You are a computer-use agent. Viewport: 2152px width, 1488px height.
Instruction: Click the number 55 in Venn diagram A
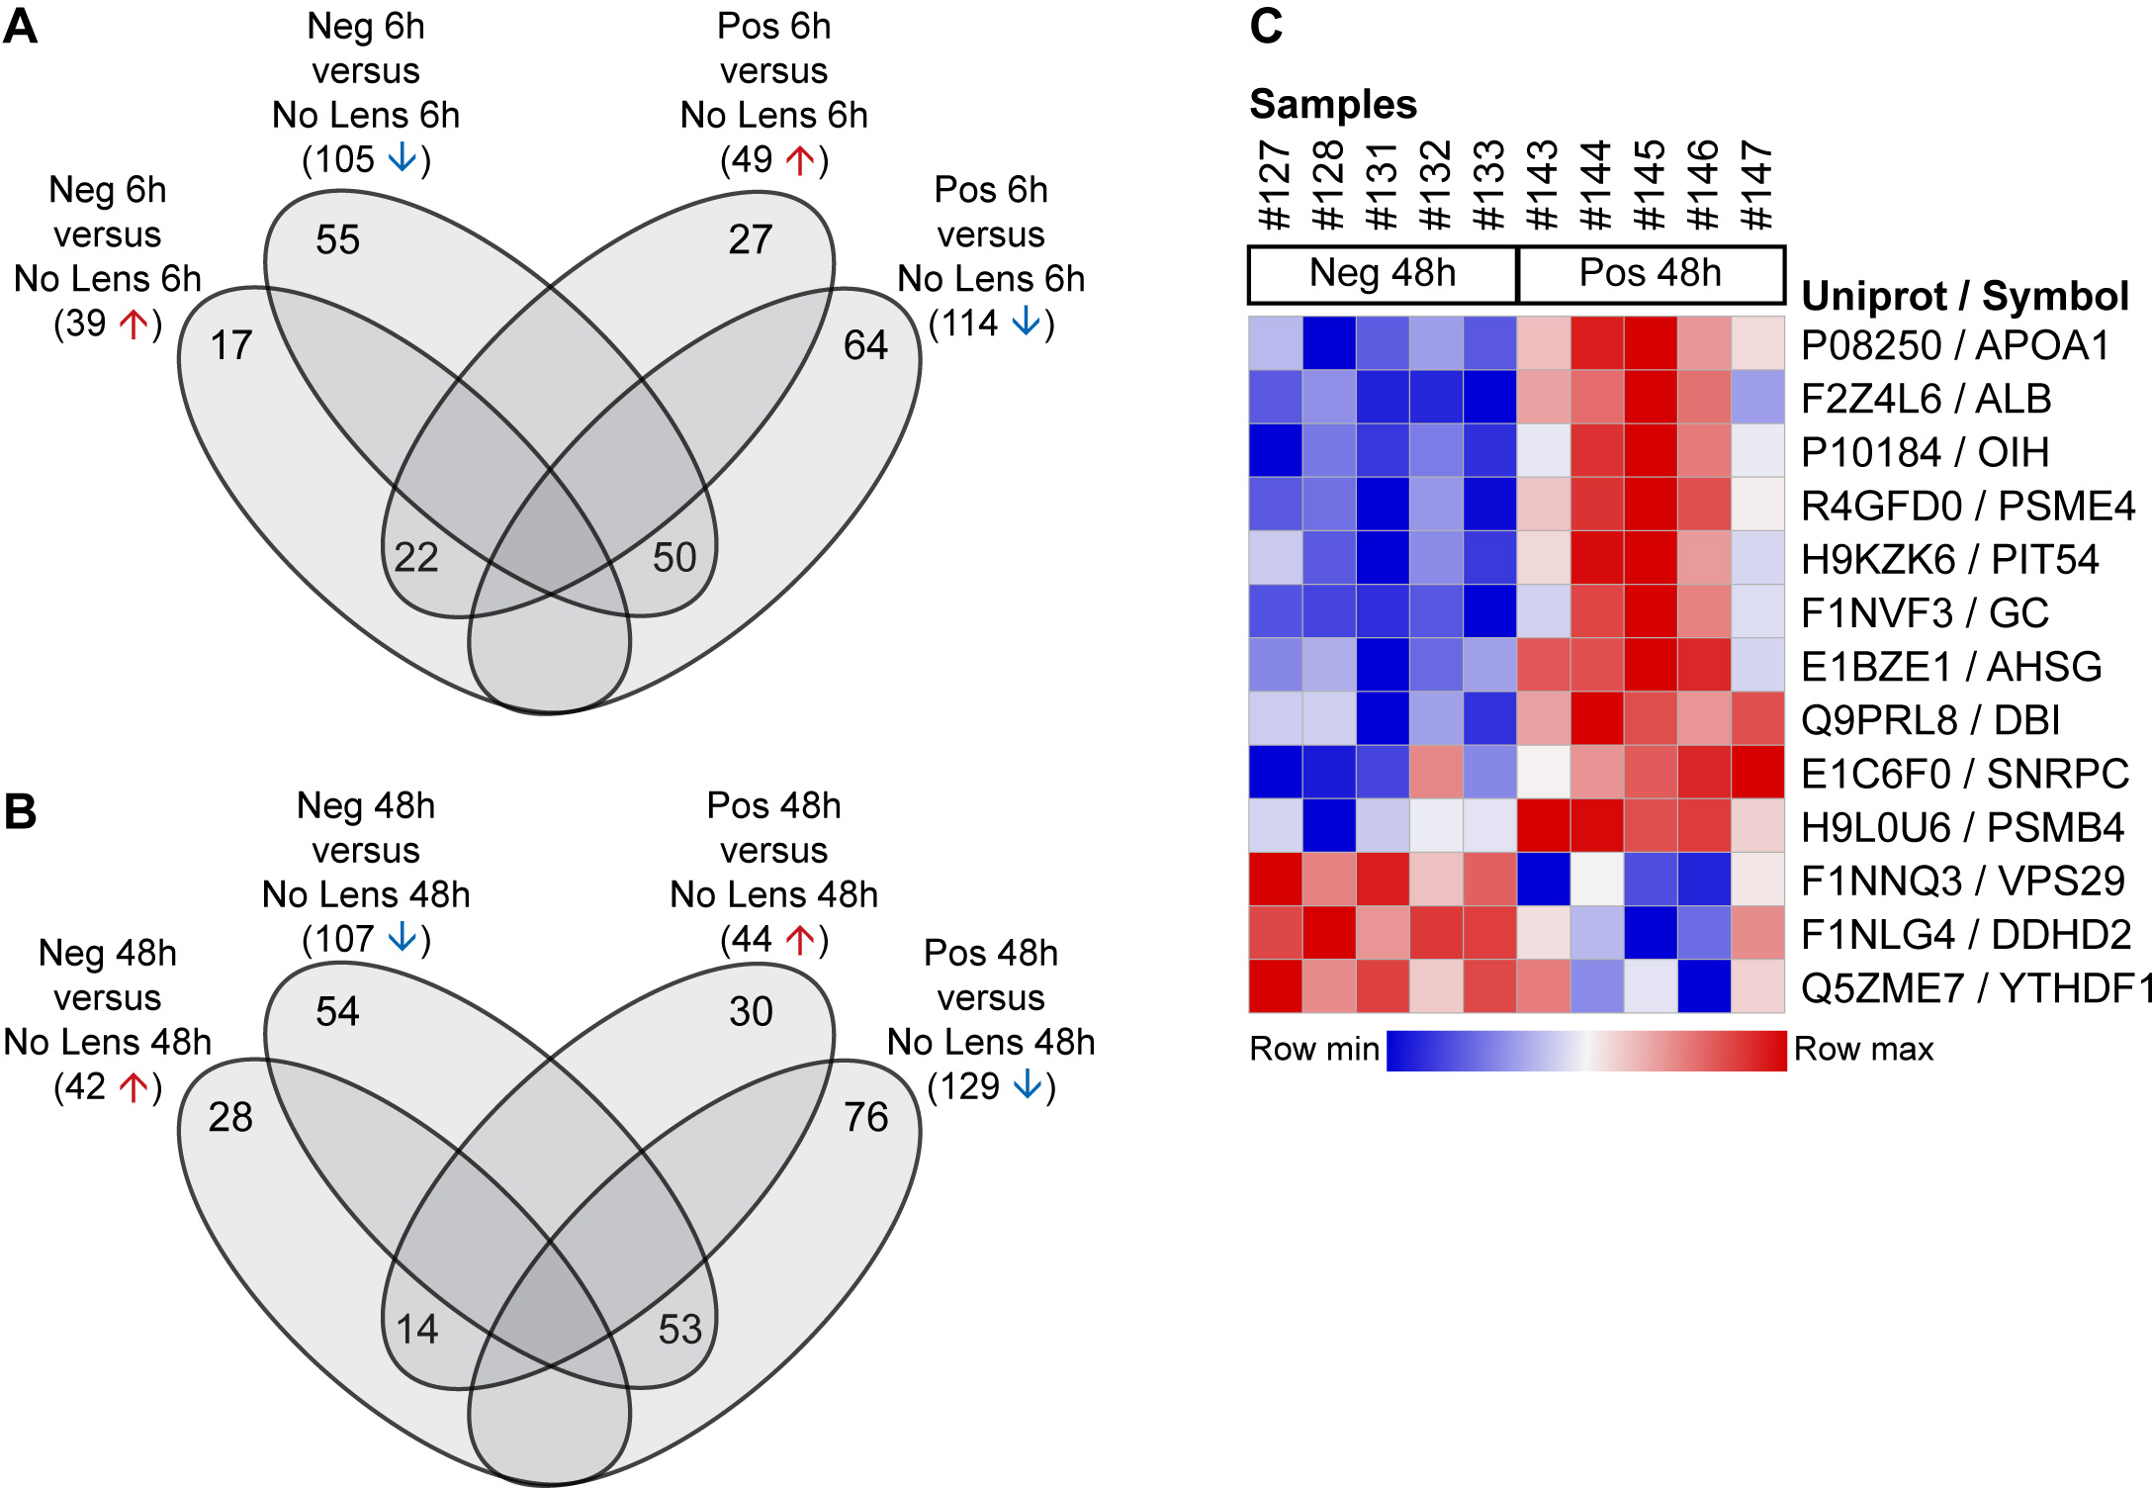pos(337,240)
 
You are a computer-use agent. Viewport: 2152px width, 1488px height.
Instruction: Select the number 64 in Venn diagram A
pos(865,345)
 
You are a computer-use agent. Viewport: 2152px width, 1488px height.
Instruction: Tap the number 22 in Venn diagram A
pos(415,558)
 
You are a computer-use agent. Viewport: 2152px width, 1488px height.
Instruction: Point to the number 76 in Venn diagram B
pos(865,1118)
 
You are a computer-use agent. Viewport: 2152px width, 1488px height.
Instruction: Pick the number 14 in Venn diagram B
pos(416,1330)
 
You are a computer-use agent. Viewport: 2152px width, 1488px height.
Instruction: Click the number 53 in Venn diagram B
pos(680,1330)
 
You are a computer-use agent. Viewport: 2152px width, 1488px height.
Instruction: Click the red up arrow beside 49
pos(800,158)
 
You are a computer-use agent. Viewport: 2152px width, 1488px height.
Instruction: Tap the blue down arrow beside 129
pos(1029,1085)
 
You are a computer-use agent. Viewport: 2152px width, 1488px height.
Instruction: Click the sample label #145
pos(1650,185)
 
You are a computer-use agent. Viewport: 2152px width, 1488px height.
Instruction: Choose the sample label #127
pos(1276,185)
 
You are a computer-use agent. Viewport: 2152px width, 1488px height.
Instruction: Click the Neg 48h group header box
pos(1383,274)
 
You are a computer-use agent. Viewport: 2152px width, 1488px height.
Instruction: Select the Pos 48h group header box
pos(1651,274)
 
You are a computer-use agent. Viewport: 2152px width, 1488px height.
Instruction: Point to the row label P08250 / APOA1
pos(1955,345)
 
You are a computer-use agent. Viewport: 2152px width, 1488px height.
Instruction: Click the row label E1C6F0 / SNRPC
pos(1964,774)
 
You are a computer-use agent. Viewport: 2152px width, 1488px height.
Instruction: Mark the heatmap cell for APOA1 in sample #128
pos(1329,343)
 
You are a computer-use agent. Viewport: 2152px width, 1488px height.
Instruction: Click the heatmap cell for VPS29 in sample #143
pos(1543,880)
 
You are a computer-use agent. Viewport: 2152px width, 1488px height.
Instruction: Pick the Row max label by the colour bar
pos(1863,1049)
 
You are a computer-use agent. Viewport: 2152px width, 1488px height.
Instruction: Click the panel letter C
pos(1266,27)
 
